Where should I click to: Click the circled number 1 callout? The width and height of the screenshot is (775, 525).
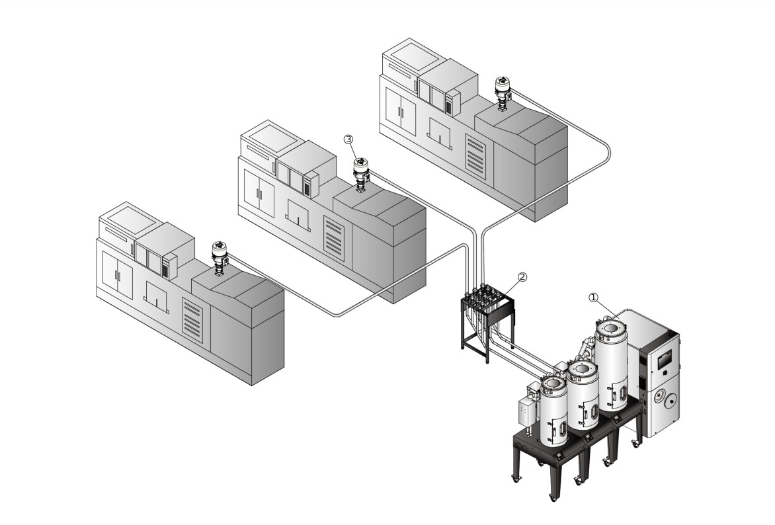pyautogui.click(x=594, y=298)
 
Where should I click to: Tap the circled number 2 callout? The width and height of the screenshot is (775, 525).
pyautogui.click(x=522, y=277)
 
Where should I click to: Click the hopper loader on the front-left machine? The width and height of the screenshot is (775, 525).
pyautogui.click(x=219, y=253)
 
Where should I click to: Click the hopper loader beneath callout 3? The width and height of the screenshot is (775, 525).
pyautogui.click(x=361, y=170)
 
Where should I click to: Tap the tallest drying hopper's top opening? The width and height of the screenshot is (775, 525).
pyautogui.click(x=612, y=328)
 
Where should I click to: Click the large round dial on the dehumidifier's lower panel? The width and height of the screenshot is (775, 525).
pyautogui.click(x=669, y=399)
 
